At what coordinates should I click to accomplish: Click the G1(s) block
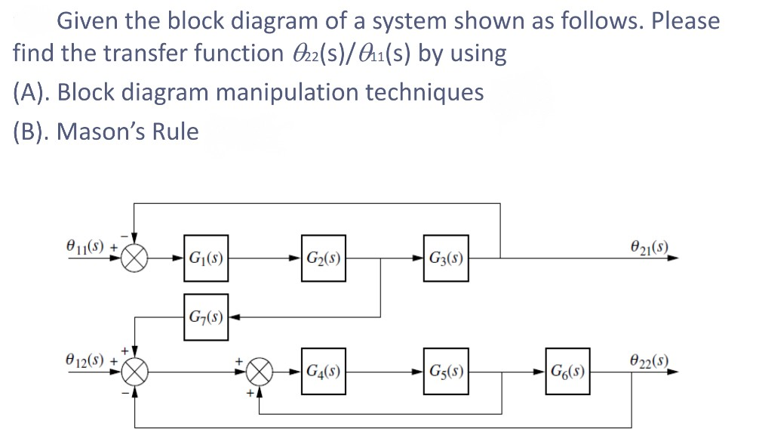coord(205,258)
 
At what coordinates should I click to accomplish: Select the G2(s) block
coord(324,258)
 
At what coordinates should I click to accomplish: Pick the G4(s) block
coord(324,371)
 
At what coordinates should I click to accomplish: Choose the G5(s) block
coord(445,371)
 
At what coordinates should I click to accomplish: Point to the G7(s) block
coord(205,314)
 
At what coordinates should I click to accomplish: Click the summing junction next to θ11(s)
coord(135,258)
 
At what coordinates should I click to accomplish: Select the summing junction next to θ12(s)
coord(135,371)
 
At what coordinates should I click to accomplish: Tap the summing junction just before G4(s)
coord(258,371)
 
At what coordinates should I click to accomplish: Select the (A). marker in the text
coord(32,92)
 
